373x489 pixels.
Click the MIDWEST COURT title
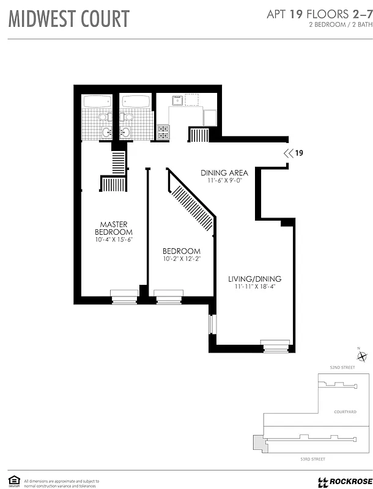tap(68, 19)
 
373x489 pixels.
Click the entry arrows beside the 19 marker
tap(287, 153)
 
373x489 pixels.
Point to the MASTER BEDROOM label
tap(114, 228)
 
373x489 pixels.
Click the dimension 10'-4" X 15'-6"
tap(114, 240)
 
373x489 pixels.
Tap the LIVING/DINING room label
tap(254, 279)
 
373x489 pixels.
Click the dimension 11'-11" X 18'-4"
tap(254, 288)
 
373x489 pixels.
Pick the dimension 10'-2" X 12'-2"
tap(181, 259)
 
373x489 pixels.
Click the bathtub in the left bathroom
tap(98, 101)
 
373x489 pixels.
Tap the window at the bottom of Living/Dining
tap(275, 345)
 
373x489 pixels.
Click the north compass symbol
tap(362, 357)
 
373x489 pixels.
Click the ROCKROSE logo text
tap(347, 481)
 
